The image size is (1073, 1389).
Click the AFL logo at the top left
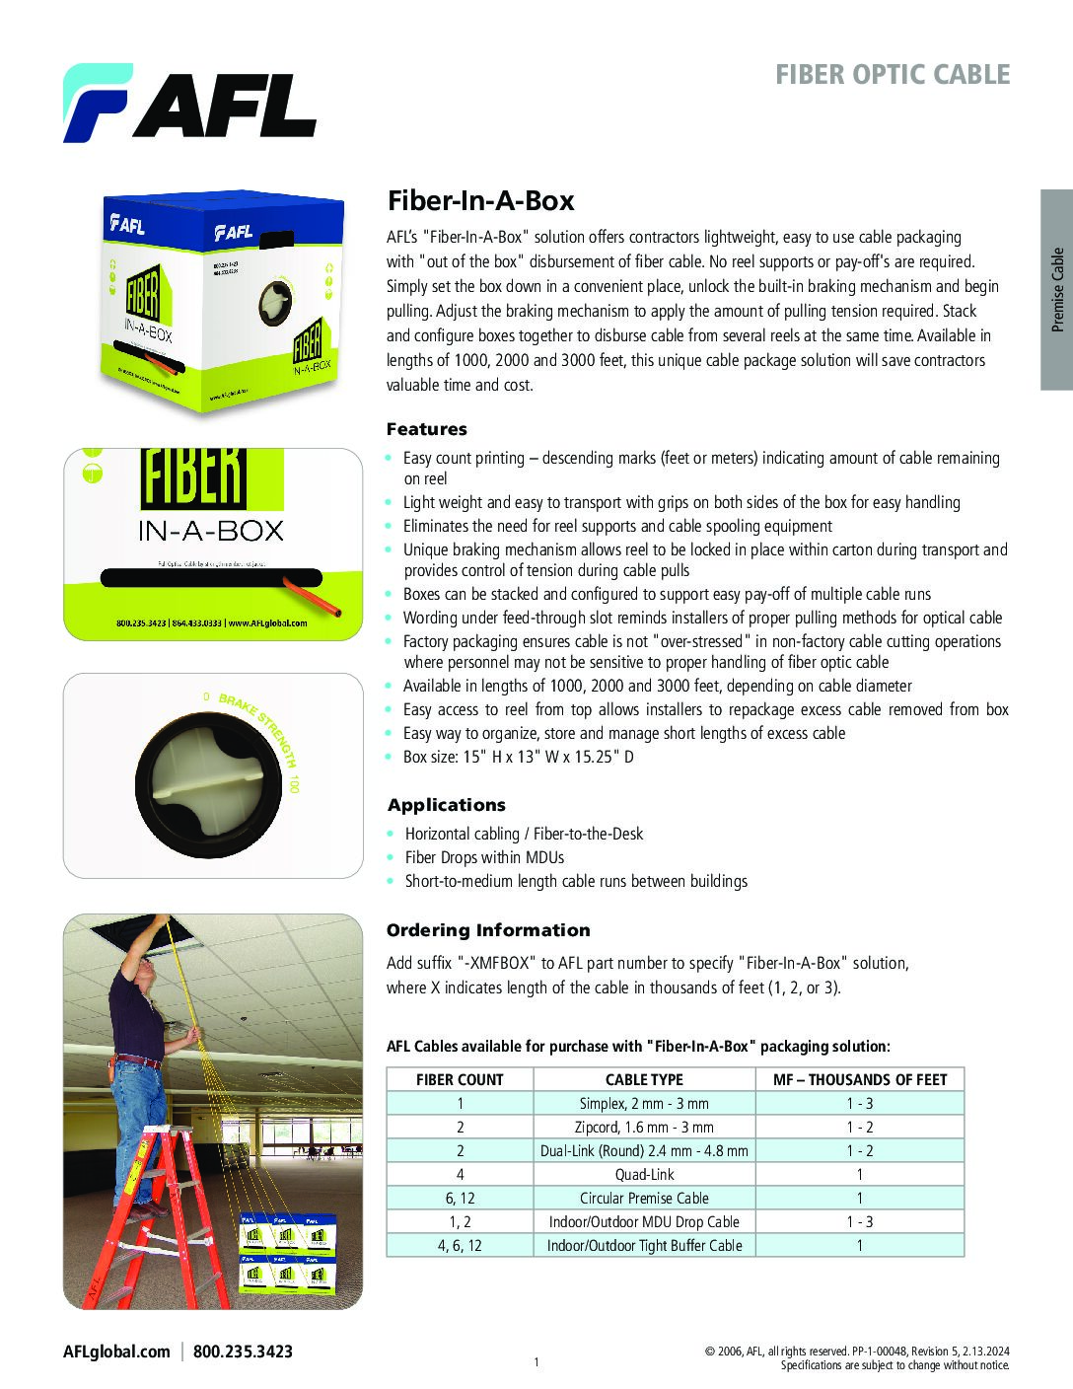click(x=189, y=104)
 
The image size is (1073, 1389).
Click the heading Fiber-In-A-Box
click(x=480, y=201)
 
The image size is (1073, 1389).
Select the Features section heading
click(x=426, y=429)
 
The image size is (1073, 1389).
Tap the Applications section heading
click(x=446, y=805)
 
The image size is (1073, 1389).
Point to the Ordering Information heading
click(x=488, y=930)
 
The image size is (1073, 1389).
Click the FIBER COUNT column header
click(x=460, y=1079)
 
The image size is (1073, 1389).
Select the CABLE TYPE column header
click(x=644, y=1079)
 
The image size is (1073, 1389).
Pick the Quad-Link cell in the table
click(x=644, y=1174)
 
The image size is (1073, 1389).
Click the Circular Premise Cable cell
click(x=644, y=1198)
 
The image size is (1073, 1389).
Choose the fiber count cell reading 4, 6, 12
click(x=460, y=1245)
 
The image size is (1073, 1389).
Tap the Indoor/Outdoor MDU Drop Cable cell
click(x=644, y=1221)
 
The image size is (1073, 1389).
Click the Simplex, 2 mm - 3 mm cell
click(x=644, y=1103)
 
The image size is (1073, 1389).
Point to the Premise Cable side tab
click(x=1057, y=289)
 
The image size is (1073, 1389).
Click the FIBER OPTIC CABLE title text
click(x=892, y=75)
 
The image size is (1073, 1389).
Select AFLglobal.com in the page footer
click(x=116, y=1352)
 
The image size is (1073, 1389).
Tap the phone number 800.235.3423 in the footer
click(x=243, y=1352)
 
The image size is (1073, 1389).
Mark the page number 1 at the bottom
click(x=536, y=1362)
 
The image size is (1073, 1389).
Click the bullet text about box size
click(x=519, y=757)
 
